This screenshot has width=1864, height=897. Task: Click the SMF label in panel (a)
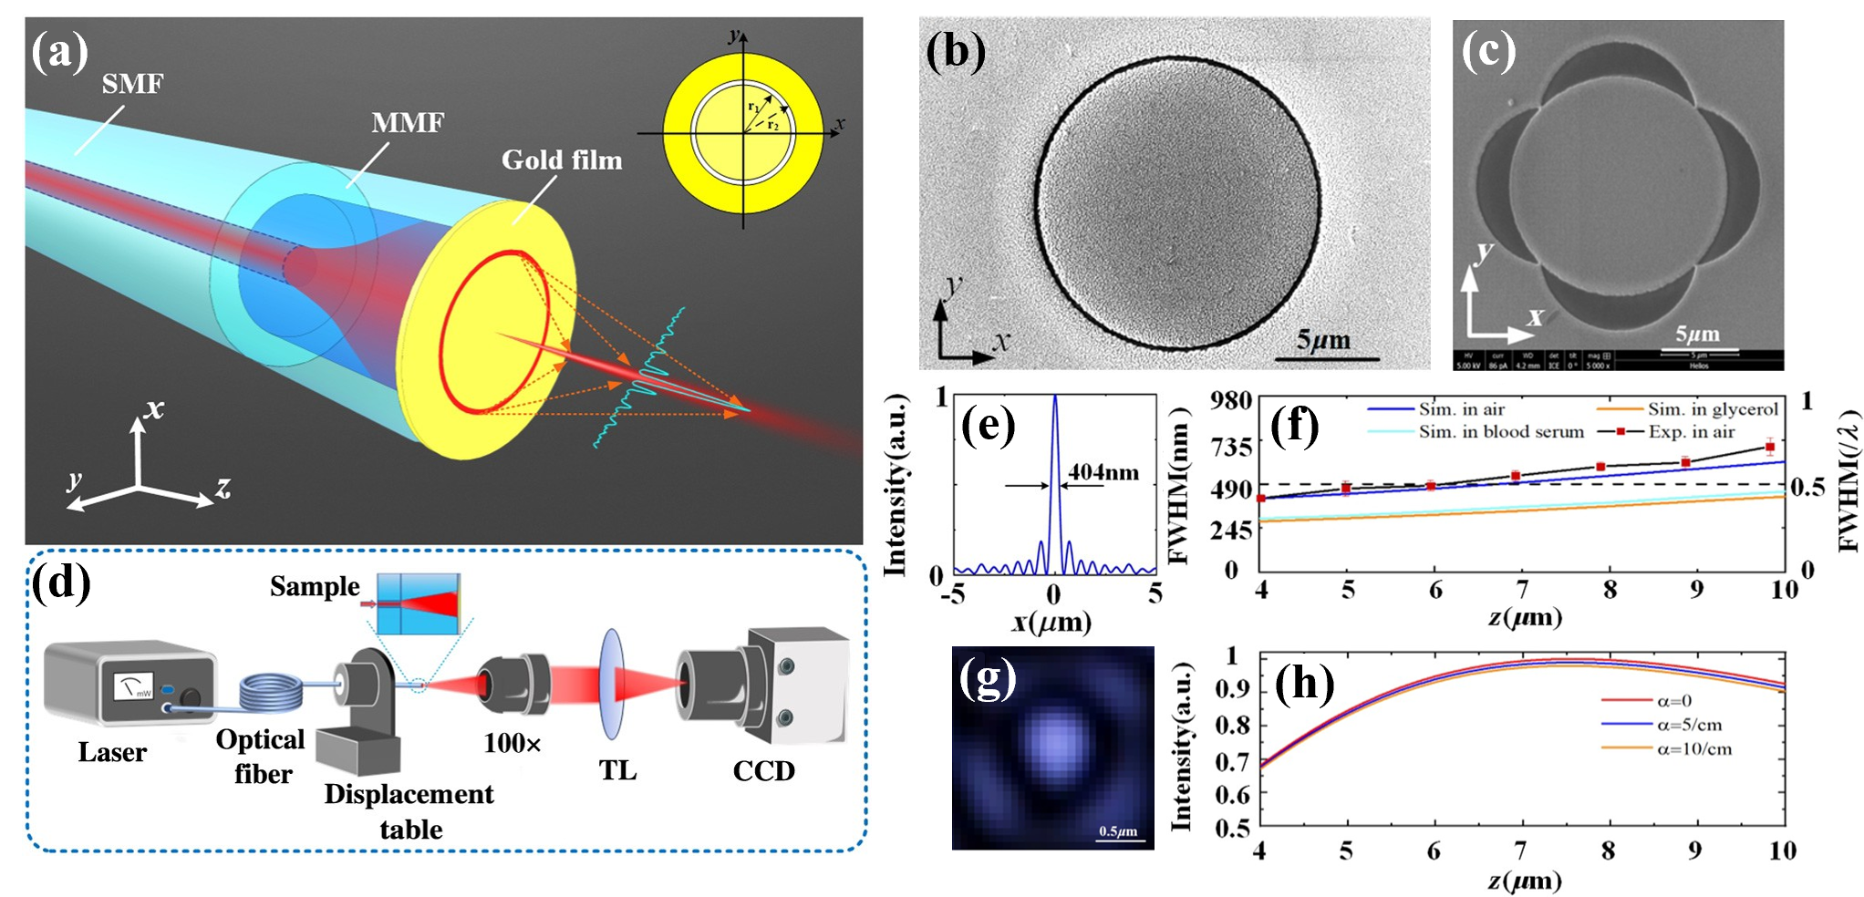tap(132, 84)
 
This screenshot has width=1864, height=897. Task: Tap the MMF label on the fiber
tap(408, 122)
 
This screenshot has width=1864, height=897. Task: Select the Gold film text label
tap(562, 160)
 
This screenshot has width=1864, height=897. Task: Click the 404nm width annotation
tap(1103, 472)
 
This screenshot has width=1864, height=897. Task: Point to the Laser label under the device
tap(111, 753)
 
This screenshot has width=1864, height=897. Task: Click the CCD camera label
tap(763, 771)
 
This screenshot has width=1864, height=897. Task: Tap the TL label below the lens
tap(617, 771)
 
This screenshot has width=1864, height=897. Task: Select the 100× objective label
tap(513, 744)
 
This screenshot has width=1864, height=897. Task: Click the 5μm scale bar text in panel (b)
tap(1323, 341)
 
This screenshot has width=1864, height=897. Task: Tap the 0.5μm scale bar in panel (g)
tap(1118, 832)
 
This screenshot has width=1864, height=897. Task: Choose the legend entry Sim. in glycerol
tap(1712, 410)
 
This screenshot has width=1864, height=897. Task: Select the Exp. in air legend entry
tap(1691, 432)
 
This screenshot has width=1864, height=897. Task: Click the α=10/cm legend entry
tap(1693, 749)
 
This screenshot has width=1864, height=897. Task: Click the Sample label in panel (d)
tap(315, 586)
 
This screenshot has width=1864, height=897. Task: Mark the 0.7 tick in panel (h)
tap(1232, 761)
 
